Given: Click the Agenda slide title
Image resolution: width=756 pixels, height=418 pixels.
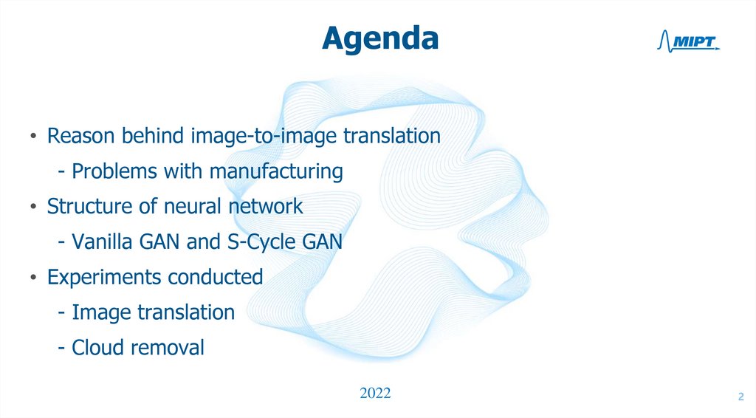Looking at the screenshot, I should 380,38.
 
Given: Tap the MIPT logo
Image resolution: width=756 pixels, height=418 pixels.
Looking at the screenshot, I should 687,44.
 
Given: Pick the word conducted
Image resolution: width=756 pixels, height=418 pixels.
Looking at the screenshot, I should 216,278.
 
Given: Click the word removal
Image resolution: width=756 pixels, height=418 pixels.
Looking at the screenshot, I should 167,347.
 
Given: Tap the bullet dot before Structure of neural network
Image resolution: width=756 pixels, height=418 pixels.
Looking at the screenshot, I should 33,208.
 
